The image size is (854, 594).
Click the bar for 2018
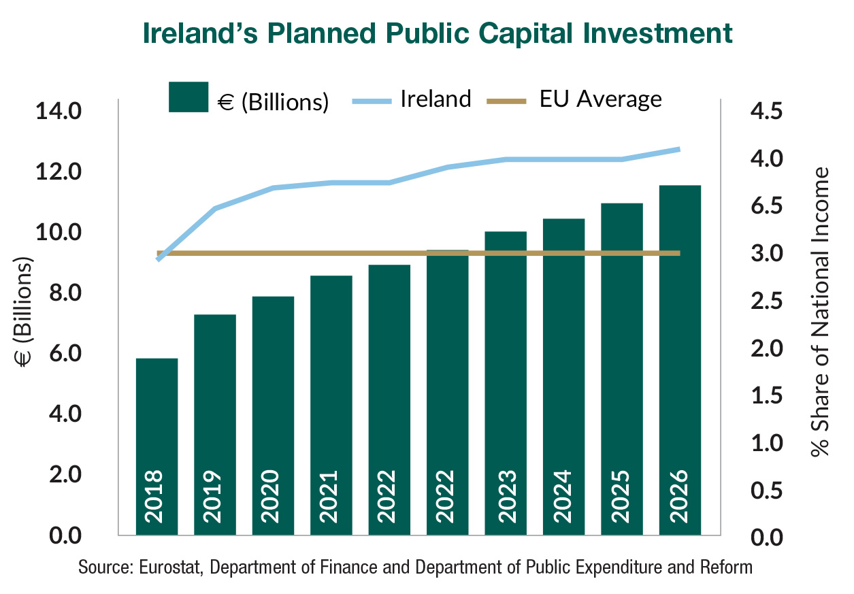click(x=157, y=446)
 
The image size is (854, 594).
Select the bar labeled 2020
click(x=273, y=415)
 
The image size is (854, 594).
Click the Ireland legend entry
click(x=436, y=99)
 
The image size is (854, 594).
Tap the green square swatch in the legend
click(x=188, y=97)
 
